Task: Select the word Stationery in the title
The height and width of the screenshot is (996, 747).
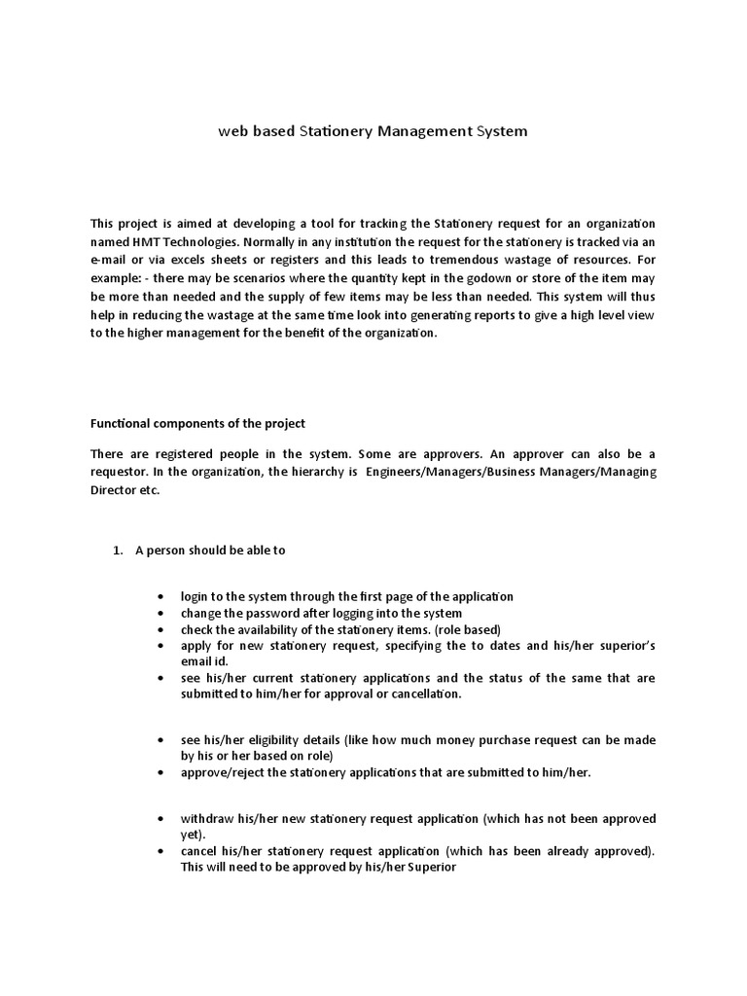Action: [x=333, y=130]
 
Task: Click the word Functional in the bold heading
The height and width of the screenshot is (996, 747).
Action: [x=121, y=424]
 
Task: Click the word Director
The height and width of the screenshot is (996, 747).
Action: [x=115, y=490]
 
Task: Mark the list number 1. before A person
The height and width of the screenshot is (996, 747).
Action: [x=118, y=551]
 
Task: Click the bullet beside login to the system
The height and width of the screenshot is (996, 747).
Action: [x=160, y=596]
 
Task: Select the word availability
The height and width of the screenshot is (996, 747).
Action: [x=274, y=630]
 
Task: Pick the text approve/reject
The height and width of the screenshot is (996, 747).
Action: [x=223, y=772]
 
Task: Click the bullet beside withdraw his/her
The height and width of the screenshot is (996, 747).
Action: [x=160, y=818]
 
